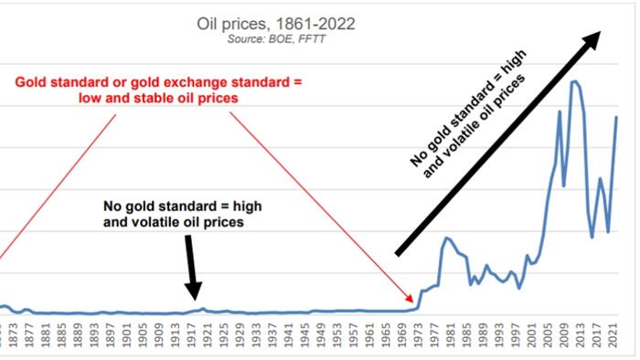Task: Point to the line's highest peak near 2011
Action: pyautogui.click(x=574, y=81)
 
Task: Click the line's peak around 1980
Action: pyautogui.click(x=446, y=238)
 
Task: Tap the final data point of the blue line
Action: pyautogui.click(x=617, y=117)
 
